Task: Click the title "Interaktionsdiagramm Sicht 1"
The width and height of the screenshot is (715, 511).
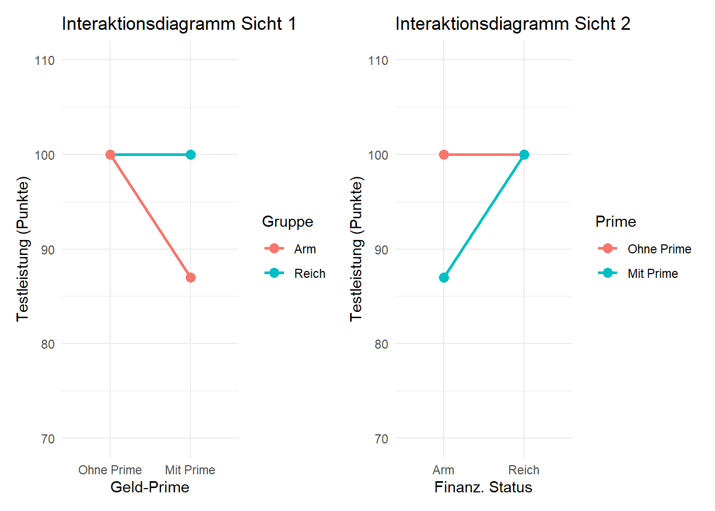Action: pyautogui.click(x=179, y=24)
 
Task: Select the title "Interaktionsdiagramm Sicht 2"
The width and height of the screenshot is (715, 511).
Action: pyautogui.click(x=512, y=24)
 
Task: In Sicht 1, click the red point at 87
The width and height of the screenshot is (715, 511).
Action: pyautogui.click(x=190, y=277)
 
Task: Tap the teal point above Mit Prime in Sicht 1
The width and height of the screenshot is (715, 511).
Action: pyautogui.click(x=190, y=155)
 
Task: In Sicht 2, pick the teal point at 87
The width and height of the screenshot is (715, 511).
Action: pyautogui.click(x=444, y=277)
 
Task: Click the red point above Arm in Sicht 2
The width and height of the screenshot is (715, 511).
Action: pyautogui.click(x=444, y=155)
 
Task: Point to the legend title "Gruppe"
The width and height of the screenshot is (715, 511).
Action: pyautogui.click(x=287, y=222)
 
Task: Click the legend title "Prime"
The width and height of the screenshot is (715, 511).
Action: pyautogui.click(x=616, y=222)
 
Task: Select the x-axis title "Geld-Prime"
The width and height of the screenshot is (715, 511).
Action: pyautogui.click(x=150, y=488)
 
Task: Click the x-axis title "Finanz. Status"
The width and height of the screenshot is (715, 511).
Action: pyautogui.click(x=483, y=488)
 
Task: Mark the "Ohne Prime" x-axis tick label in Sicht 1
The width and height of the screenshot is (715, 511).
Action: pyautogui.click(x=110, y=470)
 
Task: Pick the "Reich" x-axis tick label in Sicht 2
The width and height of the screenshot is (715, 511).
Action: pyautogui.click(x=523, y=470)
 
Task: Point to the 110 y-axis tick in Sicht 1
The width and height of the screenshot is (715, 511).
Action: pyautogui.click(x=45, y=61)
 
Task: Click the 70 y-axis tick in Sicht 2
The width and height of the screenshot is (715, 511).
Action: pyautogui.click(x=381, y=439)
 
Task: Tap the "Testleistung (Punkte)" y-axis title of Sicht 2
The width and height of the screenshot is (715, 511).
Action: pyautogui.click(x=356, y=249)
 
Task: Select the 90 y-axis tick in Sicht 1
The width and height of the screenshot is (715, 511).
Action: pyautogui.click(x=48, y=250)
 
